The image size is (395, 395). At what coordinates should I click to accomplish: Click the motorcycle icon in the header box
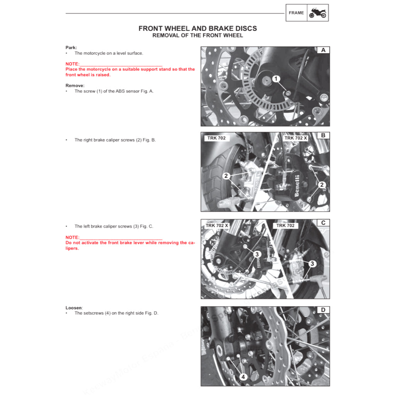tap(318, 13)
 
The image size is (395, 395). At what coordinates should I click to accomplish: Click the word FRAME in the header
tap(296, 13)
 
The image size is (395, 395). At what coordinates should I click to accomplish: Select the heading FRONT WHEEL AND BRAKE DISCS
tap(197, 29)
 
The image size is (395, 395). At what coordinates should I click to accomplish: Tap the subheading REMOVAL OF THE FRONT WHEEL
tap(197, 35)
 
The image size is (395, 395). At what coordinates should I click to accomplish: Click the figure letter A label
tap(323, 50)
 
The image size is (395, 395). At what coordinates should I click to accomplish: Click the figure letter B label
tap(323, 135)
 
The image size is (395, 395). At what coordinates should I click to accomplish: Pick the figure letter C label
tap(323, 223)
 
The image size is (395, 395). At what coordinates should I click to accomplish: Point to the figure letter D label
tap(323, 310)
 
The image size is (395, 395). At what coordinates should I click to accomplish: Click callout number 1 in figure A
tap(276, 79)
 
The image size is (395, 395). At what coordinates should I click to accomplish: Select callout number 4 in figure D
tap(243, 377)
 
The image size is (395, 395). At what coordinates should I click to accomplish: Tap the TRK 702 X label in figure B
tap(295, 138)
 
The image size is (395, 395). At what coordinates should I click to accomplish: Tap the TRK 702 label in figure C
tap(285, 225)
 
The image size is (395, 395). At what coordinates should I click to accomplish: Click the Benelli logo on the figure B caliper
tap(297, 186)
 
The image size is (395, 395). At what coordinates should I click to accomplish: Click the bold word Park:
tap(71, 47)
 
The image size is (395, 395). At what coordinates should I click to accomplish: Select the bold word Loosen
tap(73, 308)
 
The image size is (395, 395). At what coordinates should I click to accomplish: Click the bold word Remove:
tap(75, 85)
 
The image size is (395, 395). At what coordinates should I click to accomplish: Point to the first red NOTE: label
tap(73, 64)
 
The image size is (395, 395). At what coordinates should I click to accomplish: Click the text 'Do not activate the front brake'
tap(104, 243)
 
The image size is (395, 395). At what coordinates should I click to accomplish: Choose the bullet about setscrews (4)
tap(116, 313)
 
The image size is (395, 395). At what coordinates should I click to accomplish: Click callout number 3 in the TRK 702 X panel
tap(257, 254)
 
